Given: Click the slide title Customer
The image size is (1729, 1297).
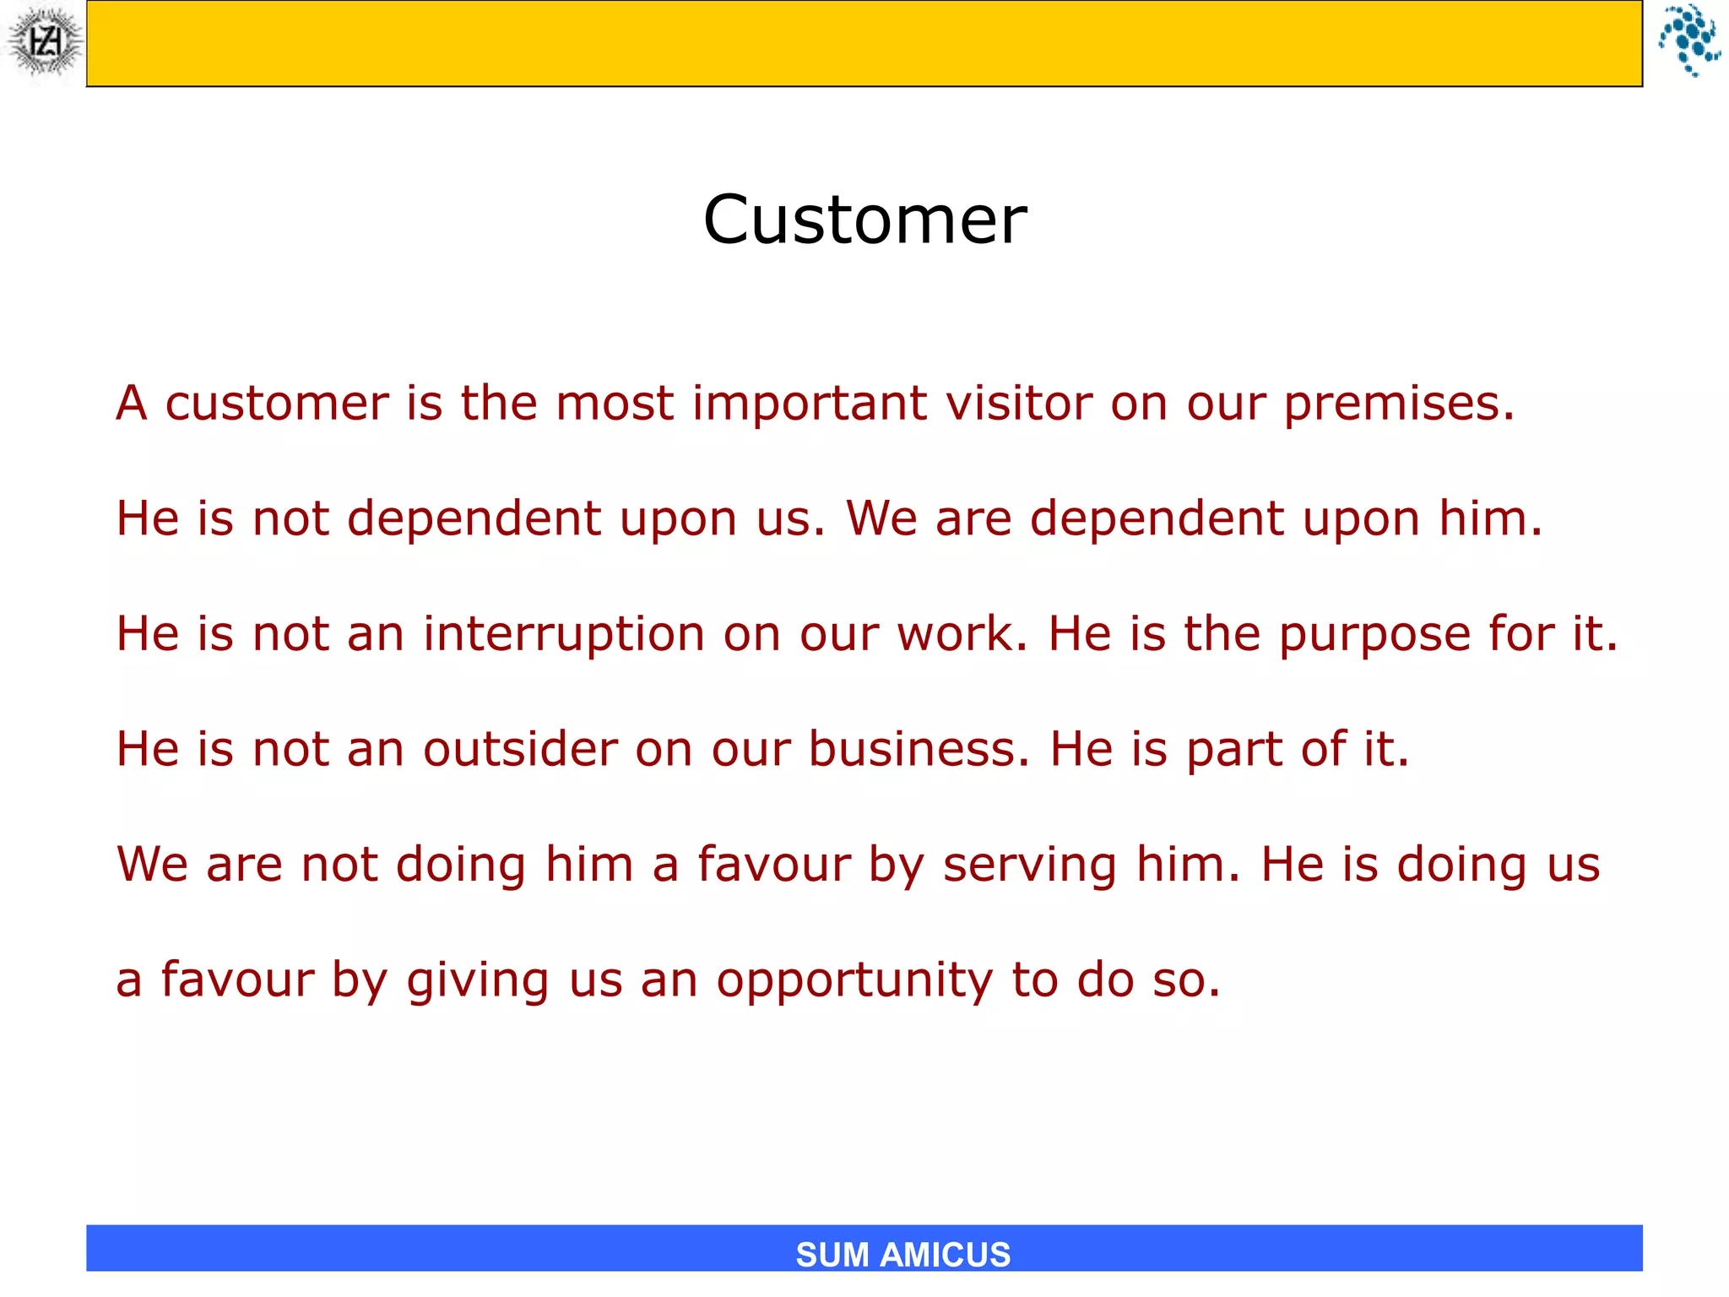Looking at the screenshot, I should (x=864, y=220).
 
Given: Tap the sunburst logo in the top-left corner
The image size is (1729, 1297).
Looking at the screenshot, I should (x=44, y=42).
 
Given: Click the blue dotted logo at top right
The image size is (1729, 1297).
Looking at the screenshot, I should (x=1688, y=41).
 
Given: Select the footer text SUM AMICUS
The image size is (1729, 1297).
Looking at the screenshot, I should (x=902, y=1255).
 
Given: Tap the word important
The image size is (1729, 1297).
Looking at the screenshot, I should (x=809, y=403).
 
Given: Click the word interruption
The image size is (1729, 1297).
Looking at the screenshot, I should (x=563, y=633).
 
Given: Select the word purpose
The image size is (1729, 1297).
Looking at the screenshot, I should (x=1374, y=635).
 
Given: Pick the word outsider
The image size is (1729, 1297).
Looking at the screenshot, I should (x=520, y=749).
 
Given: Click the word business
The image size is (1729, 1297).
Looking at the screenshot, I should (x=919, y=749).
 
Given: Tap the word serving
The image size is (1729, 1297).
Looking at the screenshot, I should (x=1029, y=866).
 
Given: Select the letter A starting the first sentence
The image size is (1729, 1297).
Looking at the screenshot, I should (x=132, y=403).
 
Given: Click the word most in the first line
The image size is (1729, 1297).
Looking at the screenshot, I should (x=614, y=403).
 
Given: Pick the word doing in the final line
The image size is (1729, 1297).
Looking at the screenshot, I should (x=1461, y=866).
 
